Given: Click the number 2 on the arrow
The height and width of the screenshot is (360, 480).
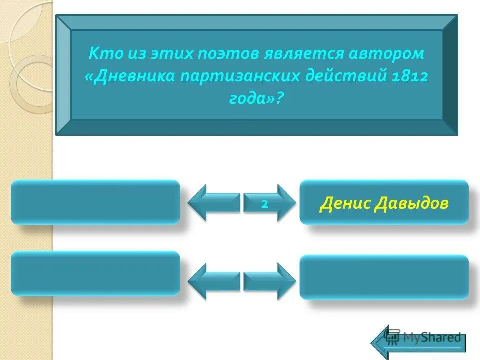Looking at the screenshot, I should (265, 203).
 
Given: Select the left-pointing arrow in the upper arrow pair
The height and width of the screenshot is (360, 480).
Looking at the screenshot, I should (213, 203).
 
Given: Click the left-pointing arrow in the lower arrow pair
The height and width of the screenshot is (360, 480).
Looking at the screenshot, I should (213, 281).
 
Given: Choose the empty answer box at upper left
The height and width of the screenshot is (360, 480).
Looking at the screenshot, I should (95, 202).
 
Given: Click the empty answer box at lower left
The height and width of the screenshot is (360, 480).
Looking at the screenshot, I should (95, 273).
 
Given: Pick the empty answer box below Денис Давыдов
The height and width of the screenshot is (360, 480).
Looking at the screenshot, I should (384, 277).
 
